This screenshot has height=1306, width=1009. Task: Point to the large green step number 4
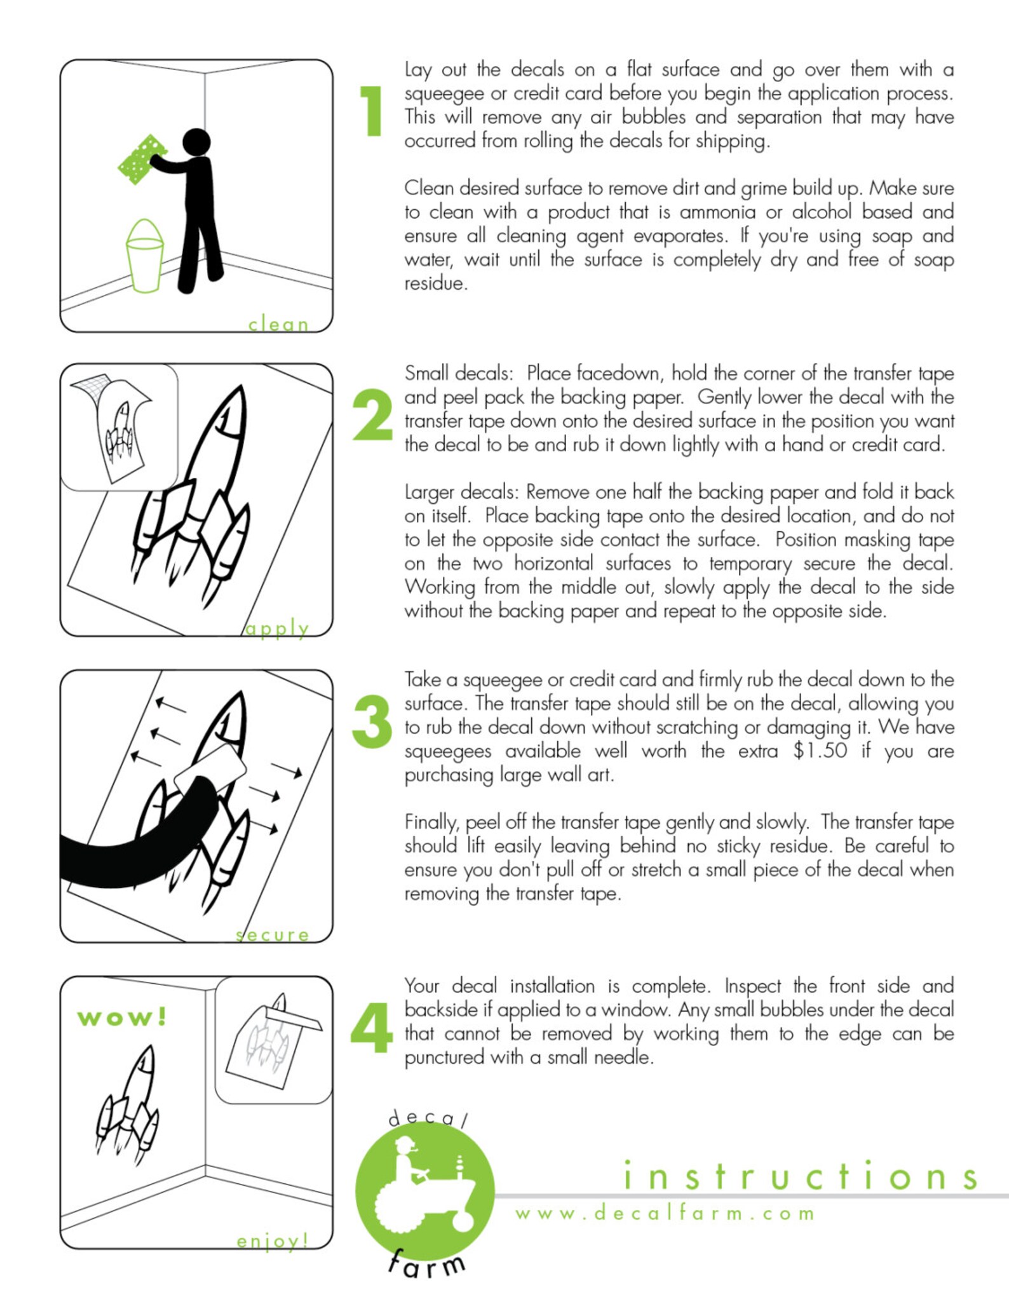pyautogui.click(x=372, y=1028)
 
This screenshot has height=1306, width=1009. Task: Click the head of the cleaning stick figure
pyautogui.click(x=196, y=142)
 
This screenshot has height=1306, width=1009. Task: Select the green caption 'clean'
pyautogui.click(x=278, y=324)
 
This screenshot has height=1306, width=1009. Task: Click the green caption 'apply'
pyautogui.click(x=277, y=629)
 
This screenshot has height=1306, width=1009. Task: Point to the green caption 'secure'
pyautogui.click(x=272, y=935)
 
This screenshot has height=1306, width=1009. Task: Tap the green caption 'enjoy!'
pyautogui.click(x=273, y=1241)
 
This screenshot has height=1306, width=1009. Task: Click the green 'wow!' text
pyautogui.click(x=122, y=1017)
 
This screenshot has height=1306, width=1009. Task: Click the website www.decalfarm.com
pyautogui.click(x=665, y=1213)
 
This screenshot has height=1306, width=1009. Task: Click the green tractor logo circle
pyautogui.click(x=424, y=1190)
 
